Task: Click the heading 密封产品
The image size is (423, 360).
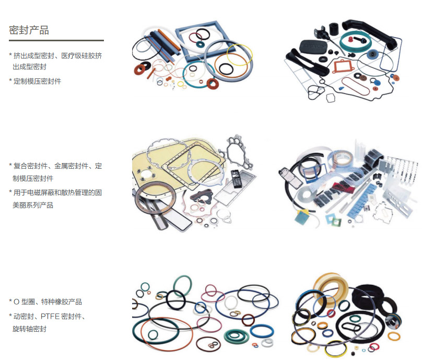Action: (x=29, y=30)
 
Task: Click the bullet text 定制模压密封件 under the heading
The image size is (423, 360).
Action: (x=37, y=81)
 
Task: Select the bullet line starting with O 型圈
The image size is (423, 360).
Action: (x=45, y=301)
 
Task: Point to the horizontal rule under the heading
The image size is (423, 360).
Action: (x=56, y=40)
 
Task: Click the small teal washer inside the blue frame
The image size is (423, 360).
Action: (x=200, y=44)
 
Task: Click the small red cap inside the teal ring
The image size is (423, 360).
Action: (x=350, y=40)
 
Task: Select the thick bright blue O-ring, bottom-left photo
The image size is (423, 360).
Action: (x=262, y=331)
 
